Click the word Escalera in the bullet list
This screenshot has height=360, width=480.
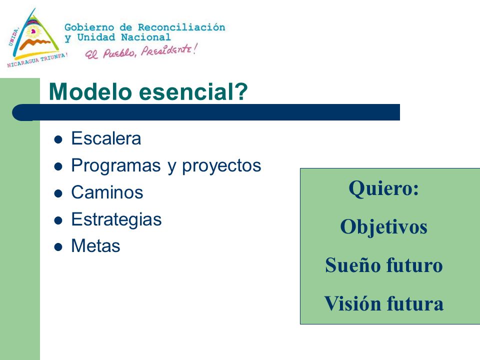[x=106, y=138]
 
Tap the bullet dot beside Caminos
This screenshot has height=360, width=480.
[x=58, y=194]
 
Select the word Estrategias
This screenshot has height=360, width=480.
[x=116, y=220]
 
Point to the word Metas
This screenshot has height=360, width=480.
[x=95, y=246]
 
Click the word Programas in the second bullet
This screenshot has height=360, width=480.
[x=115, y=166]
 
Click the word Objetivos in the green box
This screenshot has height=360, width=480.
[x=383, y=227]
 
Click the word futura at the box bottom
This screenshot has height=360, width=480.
[x=415, y=303]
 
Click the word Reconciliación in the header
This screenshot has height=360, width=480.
[x=181, y=27]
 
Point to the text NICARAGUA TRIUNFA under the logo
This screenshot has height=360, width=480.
[x=36, y=60]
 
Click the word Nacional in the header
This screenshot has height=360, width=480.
[x=145, y=37]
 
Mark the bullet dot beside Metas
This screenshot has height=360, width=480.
[x=58, y=247]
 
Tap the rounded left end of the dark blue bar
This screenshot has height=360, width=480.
[x=19, y=112]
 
